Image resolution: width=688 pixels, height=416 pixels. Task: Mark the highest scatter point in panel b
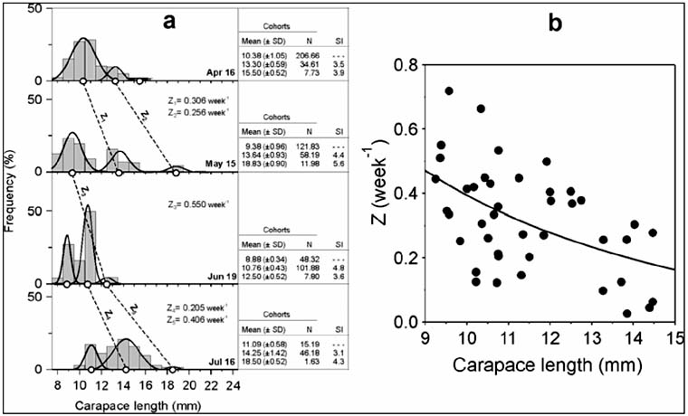point(449,91)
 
